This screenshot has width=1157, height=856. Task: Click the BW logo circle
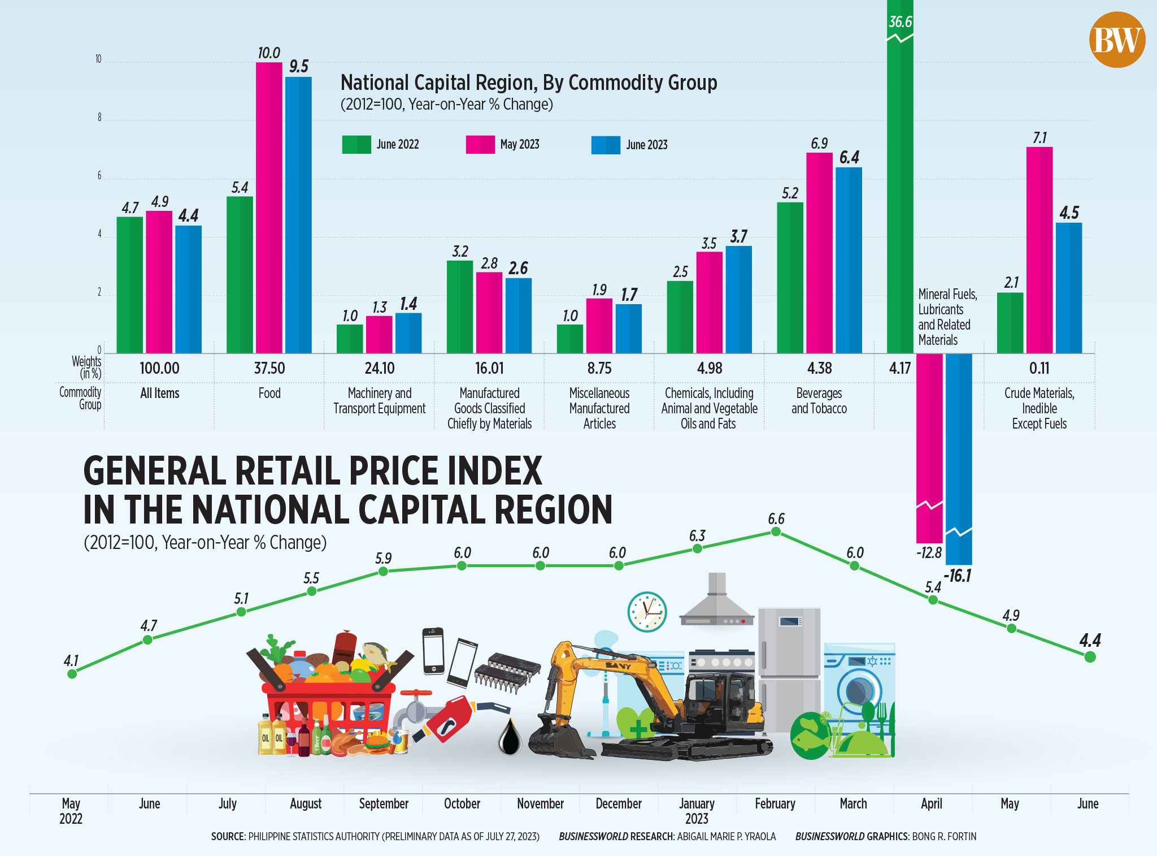(1117, 40)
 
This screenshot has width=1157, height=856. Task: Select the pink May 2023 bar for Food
(269, 207)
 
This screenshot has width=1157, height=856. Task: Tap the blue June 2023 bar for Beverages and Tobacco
(849, 260)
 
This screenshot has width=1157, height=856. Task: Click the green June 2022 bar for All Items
(130, 285)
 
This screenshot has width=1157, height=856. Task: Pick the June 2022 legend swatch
(356, 145)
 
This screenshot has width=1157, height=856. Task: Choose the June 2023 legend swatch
(606, 145)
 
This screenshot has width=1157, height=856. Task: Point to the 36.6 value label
(900, 22)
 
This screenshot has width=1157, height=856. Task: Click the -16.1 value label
(958, 576)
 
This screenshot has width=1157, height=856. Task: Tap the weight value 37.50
(269, 368)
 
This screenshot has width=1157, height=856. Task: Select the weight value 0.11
(1039, 368)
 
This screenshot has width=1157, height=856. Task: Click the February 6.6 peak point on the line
(776, 531)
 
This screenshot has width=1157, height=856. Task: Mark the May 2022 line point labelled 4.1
(72, 673)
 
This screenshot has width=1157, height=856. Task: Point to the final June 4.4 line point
(1090, 656)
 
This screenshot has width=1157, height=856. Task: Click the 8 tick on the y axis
(99, 118)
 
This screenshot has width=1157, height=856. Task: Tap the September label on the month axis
(384, 803)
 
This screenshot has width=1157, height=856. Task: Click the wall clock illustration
(647, 612)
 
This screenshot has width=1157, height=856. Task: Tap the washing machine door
(859, 691)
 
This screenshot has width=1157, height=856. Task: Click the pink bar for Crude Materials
(1039, 250)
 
